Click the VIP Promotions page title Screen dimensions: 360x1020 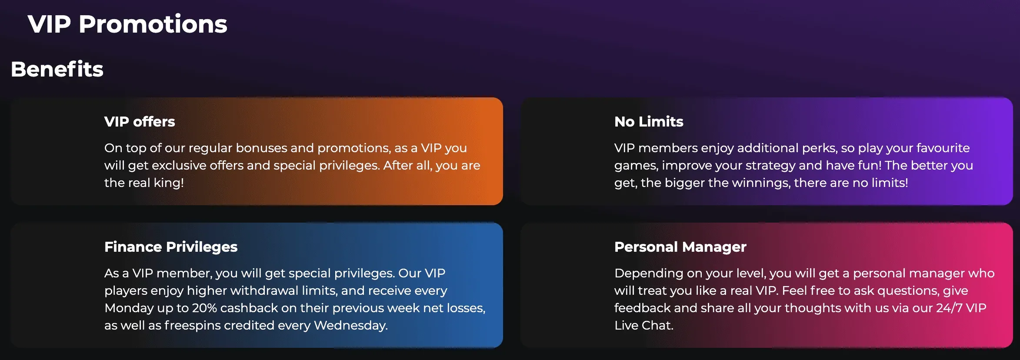tap(127, 24)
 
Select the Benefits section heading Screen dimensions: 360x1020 tap(57, 69)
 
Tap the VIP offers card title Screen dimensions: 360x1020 tap(140, 122)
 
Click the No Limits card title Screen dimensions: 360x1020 tap(649, 122)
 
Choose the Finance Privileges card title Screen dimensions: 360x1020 tap(171, 247)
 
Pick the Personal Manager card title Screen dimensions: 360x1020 tap(680, 247)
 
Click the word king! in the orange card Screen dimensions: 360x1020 tap(169, 183)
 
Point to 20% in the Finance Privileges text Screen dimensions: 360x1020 tap(204, 308)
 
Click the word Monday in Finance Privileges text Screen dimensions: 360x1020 tap(129, 308)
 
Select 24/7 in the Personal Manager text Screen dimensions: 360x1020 tap(949, 308)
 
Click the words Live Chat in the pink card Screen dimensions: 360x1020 tap(643, 325)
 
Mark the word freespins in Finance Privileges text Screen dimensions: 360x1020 tap(193, 325)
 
